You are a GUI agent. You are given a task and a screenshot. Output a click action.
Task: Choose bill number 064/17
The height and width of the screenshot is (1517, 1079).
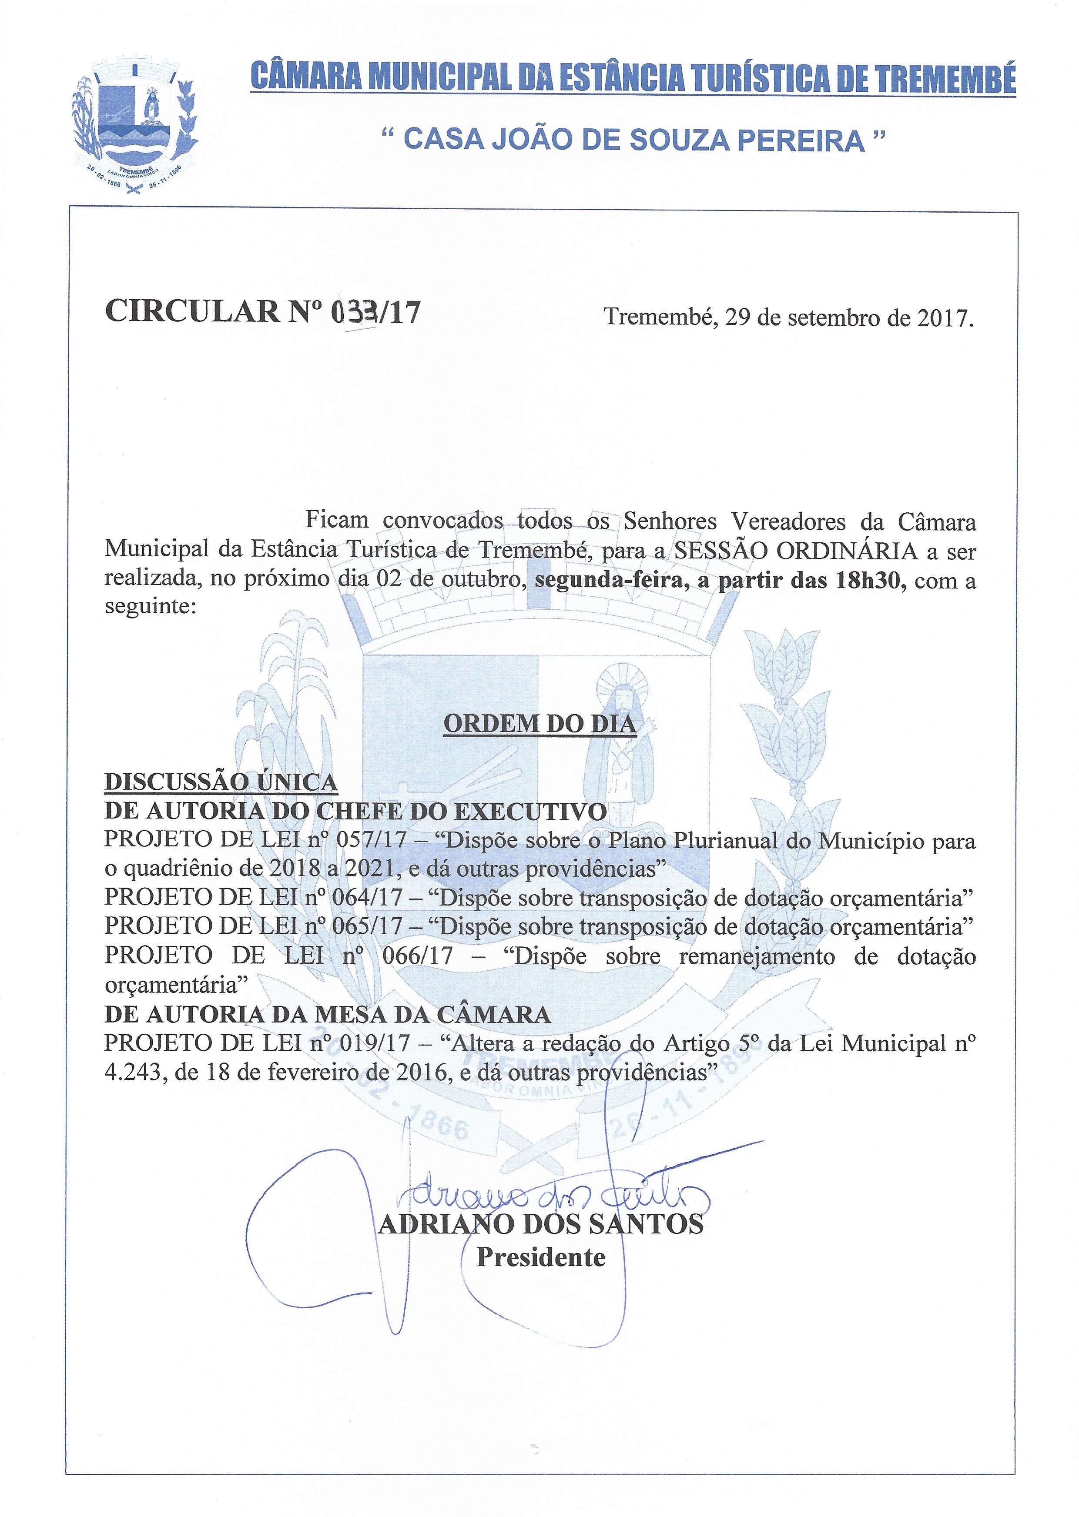369,897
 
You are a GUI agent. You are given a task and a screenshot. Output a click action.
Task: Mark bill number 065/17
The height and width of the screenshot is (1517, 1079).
369,926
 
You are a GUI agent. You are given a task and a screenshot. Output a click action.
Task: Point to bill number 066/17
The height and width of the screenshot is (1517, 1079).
418,956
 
